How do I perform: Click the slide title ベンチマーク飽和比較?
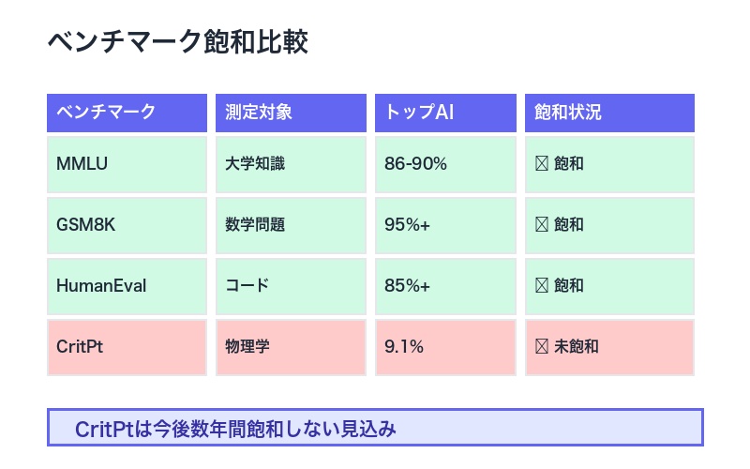tap(177, 43)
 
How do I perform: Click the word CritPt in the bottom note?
tap(105, 430)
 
